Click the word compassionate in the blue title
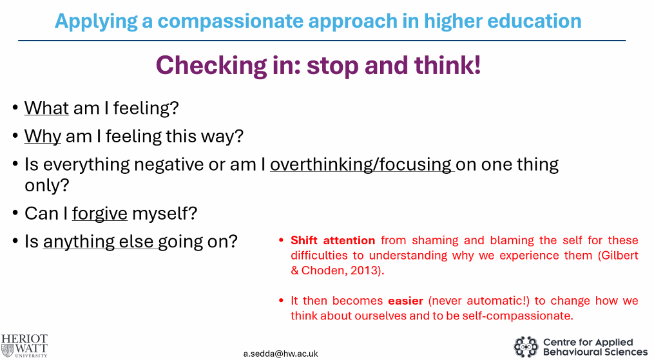(231, 21)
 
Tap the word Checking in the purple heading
(211, 66)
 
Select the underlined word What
(46, 108)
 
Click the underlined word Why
(43, 137)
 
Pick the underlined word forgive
(100, 213)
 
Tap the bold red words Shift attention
(333, 240)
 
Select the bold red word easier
(405, 301)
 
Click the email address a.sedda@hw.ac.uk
(281, 354)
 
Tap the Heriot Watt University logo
(24, 345)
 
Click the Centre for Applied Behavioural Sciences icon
(526, 346)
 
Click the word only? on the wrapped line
(46, 185)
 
